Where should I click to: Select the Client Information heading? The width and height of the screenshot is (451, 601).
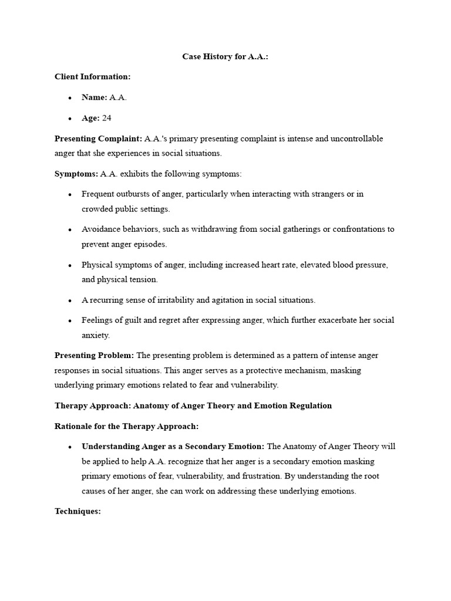[93, 77]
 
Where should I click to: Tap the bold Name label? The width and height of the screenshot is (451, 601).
[94, 97]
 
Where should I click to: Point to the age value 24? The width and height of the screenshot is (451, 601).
[106, 118]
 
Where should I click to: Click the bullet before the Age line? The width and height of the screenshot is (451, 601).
[70, 119]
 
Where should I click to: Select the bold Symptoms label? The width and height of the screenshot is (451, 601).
[76, 174]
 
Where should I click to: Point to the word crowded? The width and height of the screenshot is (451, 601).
[97, 209]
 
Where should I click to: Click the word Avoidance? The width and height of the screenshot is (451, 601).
[101, 229]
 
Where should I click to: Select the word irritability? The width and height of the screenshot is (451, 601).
[170, 300]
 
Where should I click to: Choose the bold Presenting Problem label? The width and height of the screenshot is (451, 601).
[94, 355]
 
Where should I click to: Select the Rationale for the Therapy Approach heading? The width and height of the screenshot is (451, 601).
[127, 426]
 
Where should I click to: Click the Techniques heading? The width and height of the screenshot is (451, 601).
[78, 511]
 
